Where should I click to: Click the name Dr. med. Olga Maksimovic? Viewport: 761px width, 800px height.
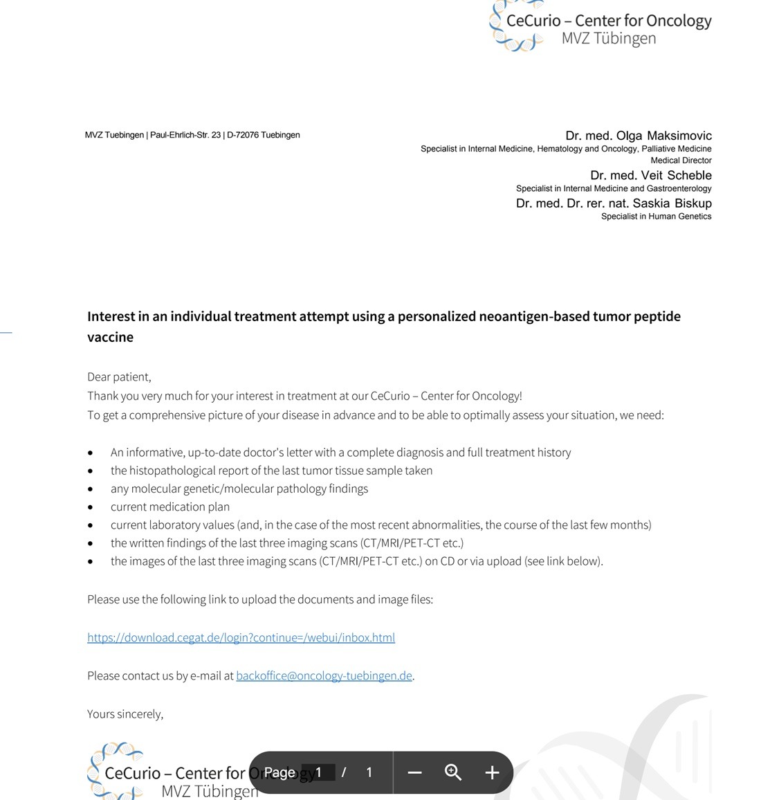[x=638, y=136]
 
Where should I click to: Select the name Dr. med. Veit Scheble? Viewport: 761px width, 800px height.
[x=650, y=175]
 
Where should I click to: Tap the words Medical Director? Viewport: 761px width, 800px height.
[x=681, y=161]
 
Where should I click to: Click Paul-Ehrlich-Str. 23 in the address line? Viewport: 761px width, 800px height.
[x=185, y=135]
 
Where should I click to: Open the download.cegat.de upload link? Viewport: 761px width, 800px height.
[x=241, y=637]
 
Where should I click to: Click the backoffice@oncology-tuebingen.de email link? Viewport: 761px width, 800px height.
[x=324, y=675]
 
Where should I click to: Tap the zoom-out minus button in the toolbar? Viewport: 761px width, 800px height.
[x=414, y=772]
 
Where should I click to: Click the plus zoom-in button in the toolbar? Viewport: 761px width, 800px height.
[x=492, y=772]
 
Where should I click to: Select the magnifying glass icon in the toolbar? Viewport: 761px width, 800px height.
[x=453, y=772]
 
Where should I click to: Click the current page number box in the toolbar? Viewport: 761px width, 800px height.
[x=319, y=772]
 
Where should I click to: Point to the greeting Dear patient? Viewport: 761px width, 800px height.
[x=119, y=376]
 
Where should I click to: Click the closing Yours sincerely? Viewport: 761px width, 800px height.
[x=125, y=713]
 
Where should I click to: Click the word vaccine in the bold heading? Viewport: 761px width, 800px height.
[x=110, y=337]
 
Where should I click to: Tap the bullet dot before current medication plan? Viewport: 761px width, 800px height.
[x=91, y=507]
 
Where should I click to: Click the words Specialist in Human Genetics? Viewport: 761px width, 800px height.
[x=656, y=217]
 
